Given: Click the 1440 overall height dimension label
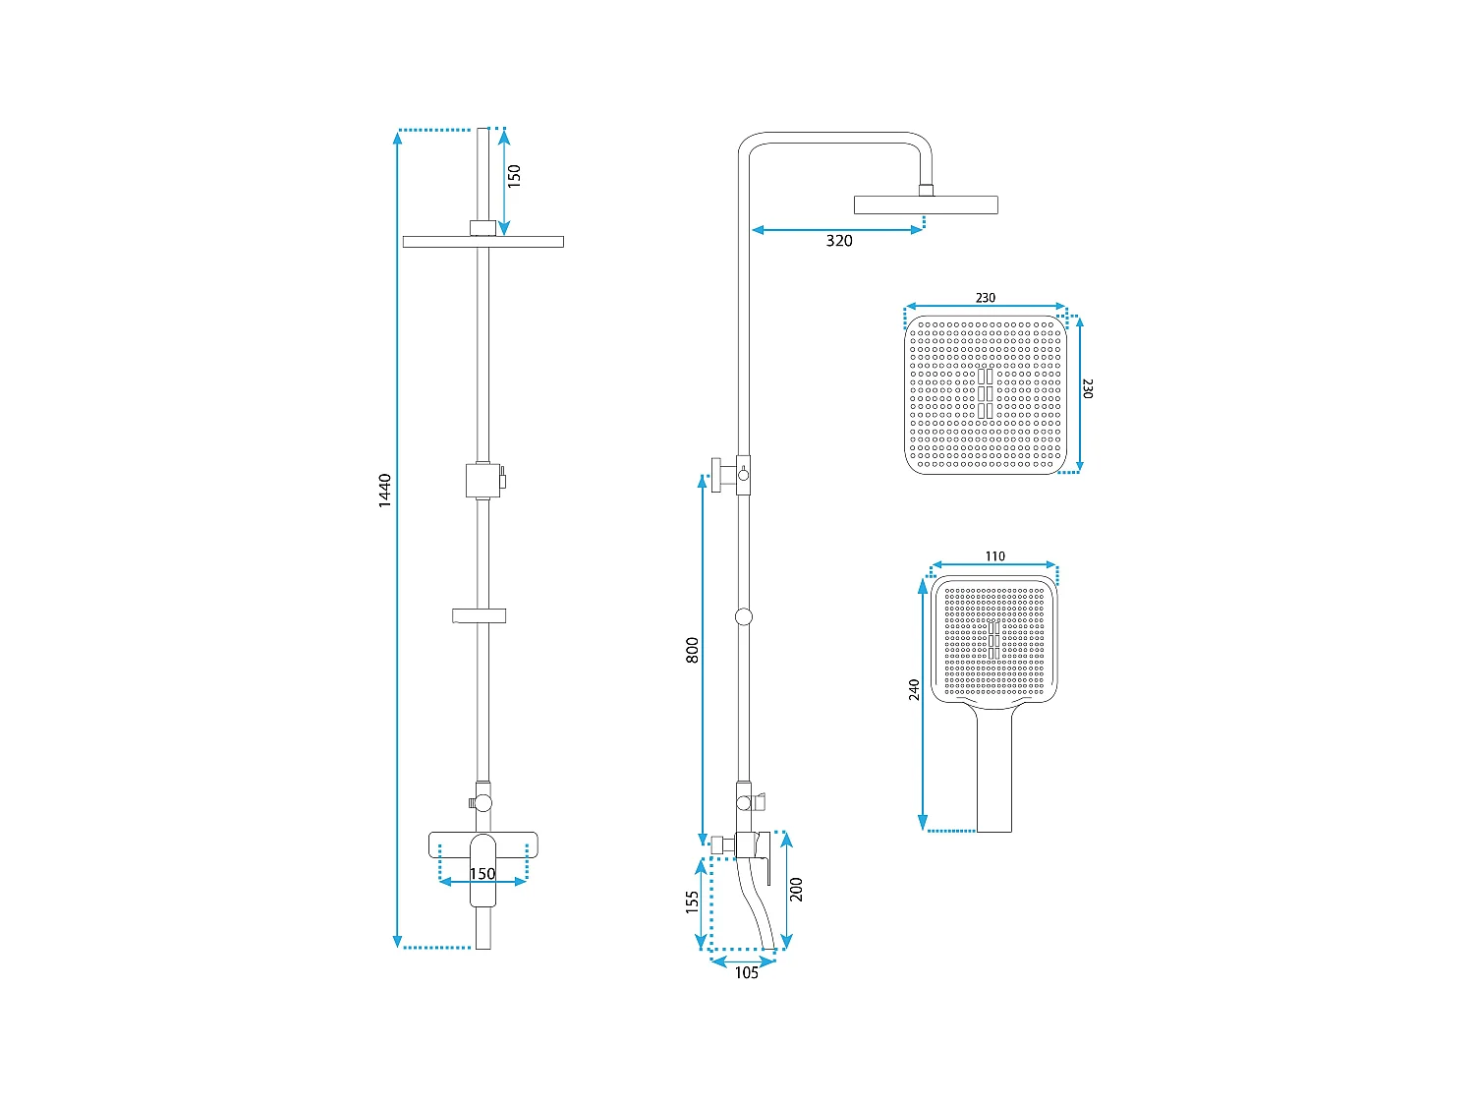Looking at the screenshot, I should point(385,490).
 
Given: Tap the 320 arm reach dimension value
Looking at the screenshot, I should point(839,241).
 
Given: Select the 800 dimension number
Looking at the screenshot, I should point(693,650).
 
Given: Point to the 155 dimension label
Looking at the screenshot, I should point(693,902).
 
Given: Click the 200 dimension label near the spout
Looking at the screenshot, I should point(797,889).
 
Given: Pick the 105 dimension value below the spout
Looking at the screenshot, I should point(746,973).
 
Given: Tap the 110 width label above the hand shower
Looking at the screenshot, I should point(994,556).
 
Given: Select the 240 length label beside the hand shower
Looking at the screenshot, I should point(915,689).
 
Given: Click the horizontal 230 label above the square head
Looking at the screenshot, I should point(986,298).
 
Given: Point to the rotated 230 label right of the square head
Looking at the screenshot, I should point(1087,388).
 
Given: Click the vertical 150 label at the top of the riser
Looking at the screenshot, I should point(514,175).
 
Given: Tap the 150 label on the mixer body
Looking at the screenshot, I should point(482,874).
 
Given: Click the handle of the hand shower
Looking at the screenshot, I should point(994,772).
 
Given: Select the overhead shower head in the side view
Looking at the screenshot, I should point(926,204).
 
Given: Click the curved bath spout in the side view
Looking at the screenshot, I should point(757,909).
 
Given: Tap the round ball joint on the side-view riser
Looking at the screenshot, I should point(744,616).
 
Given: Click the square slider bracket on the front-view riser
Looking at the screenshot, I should point(482,480).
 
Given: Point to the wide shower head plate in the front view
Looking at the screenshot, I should point(482,242).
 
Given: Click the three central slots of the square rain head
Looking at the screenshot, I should point(986,393).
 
